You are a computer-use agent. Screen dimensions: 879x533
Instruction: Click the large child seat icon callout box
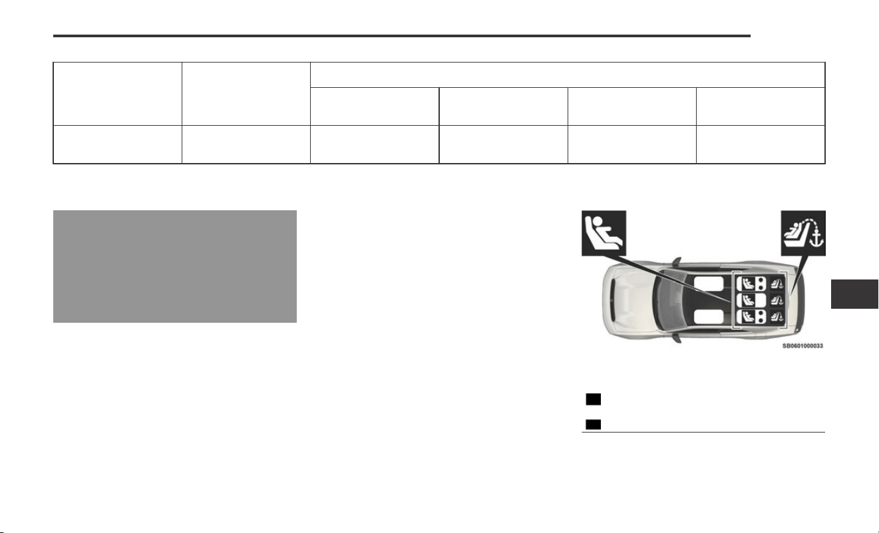click(604, 233)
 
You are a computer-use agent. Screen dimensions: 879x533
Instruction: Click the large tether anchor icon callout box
click(803, 233)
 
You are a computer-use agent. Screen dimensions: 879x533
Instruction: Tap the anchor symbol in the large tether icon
click(816, 239)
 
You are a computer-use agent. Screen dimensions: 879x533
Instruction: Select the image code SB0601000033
click(802, 346)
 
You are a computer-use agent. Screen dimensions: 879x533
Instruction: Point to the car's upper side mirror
click(676, 261)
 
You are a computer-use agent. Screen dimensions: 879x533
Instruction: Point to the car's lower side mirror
click(676, 338)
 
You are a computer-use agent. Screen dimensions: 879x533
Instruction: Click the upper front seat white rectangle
click(708, 283)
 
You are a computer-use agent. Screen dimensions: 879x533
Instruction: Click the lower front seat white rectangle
click(708, 317)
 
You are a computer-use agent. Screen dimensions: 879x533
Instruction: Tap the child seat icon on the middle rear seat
click(747, 300)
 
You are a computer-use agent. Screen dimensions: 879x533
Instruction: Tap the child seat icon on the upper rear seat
click(747, 283)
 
